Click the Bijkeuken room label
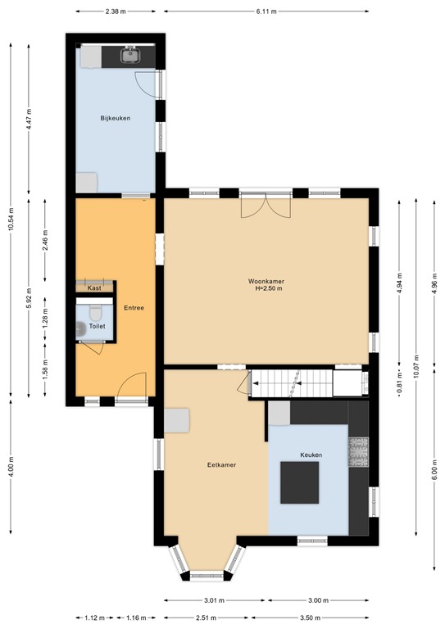[x=116, y=118]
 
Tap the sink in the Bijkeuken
[x=130, y=55]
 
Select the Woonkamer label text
[x=266, y=281]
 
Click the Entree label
[x=134, y=308]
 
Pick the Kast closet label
[x=94, y=288]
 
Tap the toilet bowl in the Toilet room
[x=96, y=312]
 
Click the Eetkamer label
[x=221, y=465]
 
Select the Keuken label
[x=311, y=455]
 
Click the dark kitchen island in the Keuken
[x=300, y=482]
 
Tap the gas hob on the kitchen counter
[x=358, y=452]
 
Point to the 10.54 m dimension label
[x=11, y=219]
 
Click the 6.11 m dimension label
[x=266, y=11]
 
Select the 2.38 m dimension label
[x=116, y=11]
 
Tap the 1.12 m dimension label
[x=95, y=618]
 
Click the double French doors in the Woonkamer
[x=266, y=205]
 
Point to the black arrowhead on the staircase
[x=255, y=383]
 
